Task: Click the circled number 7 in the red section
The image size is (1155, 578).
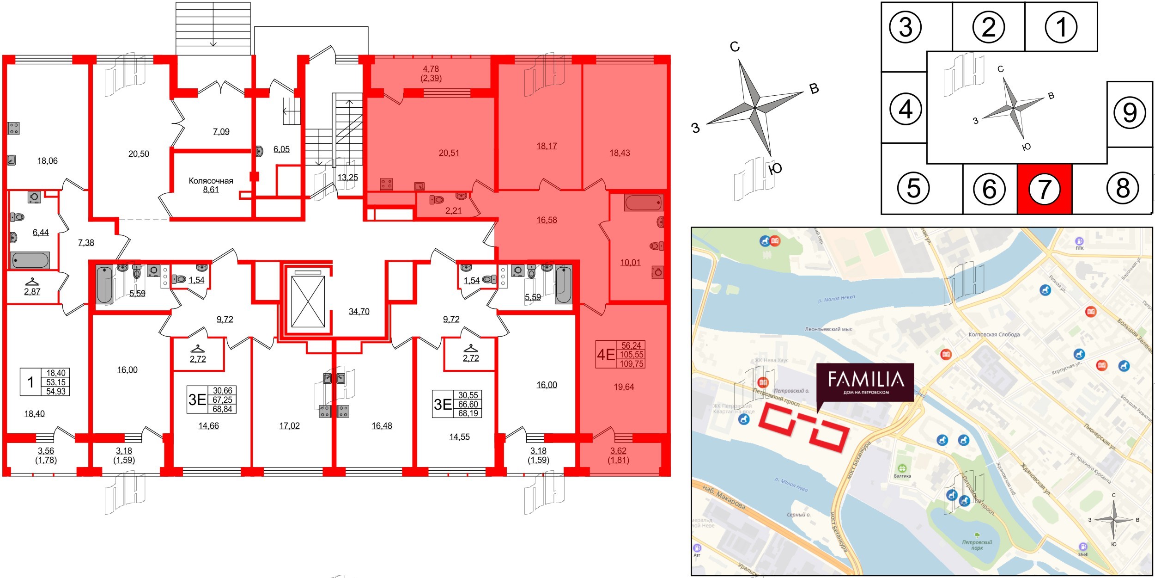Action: pyautogui.click(x=1044, y=189)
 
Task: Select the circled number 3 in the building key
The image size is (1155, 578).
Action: pyautogui.click(x=906, y=27)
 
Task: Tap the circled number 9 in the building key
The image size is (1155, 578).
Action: pyautogui.click(x=1130, y=112)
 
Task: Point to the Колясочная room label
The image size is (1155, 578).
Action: pyautogui.click(x=211, y=181)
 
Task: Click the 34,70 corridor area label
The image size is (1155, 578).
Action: pyautogui.click(x=359, y=312)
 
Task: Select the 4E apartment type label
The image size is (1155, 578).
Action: pyautogui.click(x=606, y=355)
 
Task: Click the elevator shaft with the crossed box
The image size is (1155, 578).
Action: pyautogui.click(x=308, y=301)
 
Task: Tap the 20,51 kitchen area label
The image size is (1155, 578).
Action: pyautogui.click(x=449, y=153)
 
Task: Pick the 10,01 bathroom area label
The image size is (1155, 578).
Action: pyautogui.click(x=630, y=263)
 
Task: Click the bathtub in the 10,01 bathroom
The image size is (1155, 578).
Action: pyautogui.click(x=643, y=203)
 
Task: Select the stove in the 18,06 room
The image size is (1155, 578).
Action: pyautogui.click(x=14, y=128)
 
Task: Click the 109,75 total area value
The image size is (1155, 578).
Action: pyautogui.click(x=632, y=363)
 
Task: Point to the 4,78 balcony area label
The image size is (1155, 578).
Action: pyautogui.click(x=431, y=69)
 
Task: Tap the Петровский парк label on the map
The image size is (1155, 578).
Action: pyautogui.click(x=977, y=545)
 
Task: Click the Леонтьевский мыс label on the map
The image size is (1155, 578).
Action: pyautogui.click(x=828, y=329)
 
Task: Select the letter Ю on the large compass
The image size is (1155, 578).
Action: pyautogui.click(x=775, y=169)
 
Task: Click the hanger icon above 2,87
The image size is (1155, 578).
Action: pyautogui.click(x=32, y=281)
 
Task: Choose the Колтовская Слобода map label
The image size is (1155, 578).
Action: pyautogui.click(x=994, y=334)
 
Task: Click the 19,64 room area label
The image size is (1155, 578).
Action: pyautogui.click(x=624, y=387)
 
